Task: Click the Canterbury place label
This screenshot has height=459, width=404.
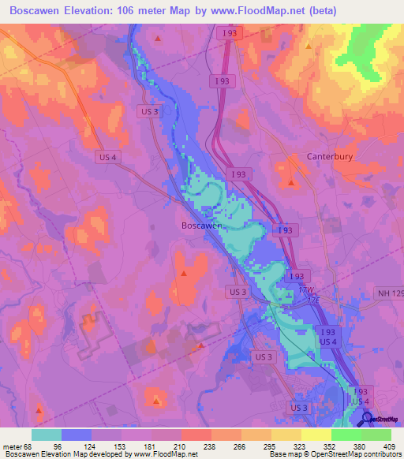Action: tap(328, 157)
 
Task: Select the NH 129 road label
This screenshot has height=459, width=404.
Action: tap(389, 293)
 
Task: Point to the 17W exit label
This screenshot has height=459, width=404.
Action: tap(305, 289)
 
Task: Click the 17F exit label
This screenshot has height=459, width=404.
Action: tap(313, 300)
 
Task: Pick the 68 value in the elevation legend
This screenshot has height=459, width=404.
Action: tap(30, 447)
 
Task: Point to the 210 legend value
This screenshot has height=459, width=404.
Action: tap(181, 447)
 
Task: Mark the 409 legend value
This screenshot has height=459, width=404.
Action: tap(390, 447)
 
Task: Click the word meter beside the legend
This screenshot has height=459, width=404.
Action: tap(12, 447)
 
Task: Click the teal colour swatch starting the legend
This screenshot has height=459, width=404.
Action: tap(47, 435)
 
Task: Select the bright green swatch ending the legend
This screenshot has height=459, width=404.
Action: tap(376, 435)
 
